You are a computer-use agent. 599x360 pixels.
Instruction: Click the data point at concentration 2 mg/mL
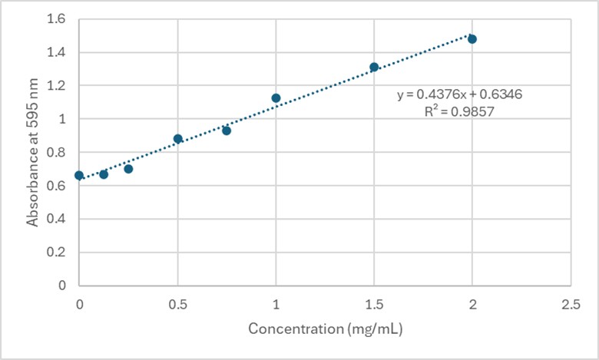click(472, 39)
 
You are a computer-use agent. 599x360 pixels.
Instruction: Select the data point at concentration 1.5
click(374, 68)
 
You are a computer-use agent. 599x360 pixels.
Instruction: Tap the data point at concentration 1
click(276, 98)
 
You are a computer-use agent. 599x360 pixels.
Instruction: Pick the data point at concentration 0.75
click(227, 130)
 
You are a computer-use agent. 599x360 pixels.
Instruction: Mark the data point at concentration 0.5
click(178, 139)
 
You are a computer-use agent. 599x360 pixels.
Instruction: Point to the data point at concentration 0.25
click(128, 169)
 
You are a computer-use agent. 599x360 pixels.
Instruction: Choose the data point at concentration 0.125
click(104, 174)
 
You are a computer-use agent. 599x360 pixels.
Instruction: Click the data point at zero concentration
click(79, 176)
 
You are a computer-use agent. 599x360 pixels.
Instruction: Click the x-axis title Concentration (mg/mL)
click(326, 329)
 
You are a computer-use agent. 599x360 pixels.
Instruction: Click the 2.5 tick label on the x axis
click(571, 305)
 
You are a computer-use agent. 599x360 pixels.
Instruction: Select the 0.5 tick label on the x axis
click(177, 305)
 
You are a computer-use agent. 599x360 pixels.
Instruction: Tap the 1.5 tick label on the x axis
click(374, 305)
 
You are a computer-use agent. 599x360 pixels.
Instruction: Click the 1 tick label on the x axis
click(276, 305)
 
